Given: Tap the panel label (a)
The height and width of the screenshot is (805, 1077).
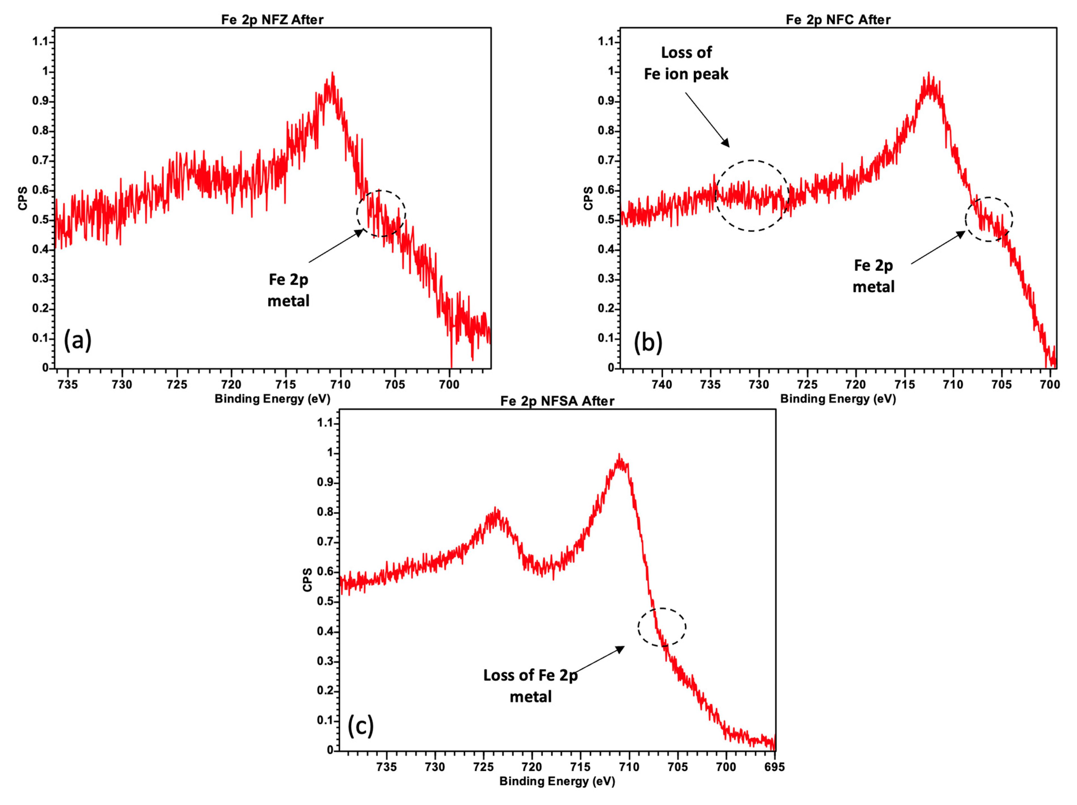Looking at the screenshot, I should [77, 340].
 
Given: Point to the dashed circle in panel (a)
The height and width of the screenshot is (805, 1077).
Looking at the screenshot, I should [381, 214].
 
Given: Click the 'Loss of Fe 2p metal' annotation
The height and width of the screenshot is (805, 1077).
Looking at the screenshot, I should [530, 686].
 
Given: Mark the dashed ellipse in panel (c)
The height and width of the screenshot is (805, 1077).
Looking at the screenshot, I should [662, 627].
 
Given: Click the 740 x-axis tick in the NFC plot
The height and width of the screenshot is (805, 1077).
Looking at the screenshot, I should [662, 385].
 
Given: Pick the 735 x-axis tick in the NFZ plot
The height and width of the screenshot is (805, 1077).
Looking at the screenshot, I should [68, 385].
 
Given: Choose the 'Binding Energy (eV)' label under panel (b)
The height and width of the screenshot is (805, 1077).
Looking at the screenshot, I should [838, 399].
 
